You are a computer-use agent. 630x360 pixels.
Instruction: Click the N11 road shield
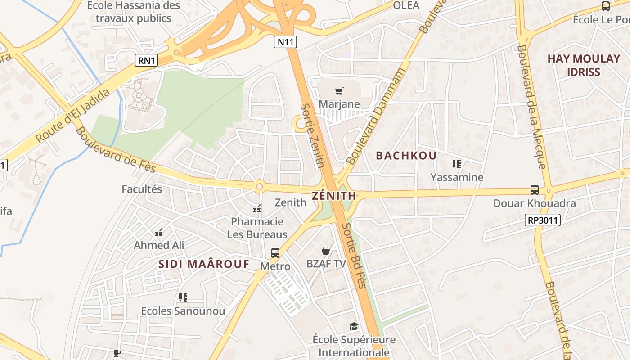285,42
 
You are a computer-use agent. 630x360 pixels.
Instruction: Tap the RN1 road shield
146,60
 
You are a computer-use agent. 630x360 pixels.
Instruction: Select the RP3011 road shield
542,220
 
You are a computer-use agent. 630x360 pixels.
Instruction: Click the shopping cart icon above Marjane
339,91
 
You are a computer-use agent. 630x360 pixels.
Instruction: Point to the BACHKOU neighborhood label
406,156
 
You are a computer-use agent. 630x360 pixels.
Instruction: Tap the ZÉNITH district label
334,196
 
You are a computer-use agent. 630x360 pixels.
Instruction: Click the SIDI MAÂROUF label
203,264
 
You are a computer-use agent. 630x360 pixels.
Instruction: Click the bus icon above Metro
275,253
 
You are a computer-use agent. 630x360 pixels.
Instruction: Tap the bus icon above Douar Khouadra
535,190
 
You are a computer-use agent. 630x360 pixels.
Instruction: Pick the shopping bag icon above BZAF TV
326,251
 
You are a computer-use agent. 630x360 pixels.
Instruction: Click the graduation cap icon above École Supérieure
354,326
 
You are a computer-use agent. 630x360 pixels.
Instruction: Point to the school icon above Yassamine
457,164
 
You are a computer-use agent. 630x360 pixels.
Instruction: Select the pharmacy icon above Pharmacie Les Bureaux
257,208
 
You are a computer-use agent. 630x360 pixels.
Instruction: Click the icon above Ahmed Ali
159,233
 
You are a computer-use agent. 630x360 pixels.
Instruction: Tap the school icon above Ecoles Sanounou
183,297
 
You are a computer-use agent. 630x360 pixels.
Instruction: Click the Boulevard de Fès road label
116,150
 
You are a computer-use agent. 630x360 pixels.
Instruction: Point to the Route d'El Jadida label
73,116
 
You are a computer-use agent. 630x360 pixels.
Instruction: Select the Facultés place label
142,189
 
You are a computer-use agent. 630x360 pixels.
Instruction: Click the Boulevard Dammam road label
376,116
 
